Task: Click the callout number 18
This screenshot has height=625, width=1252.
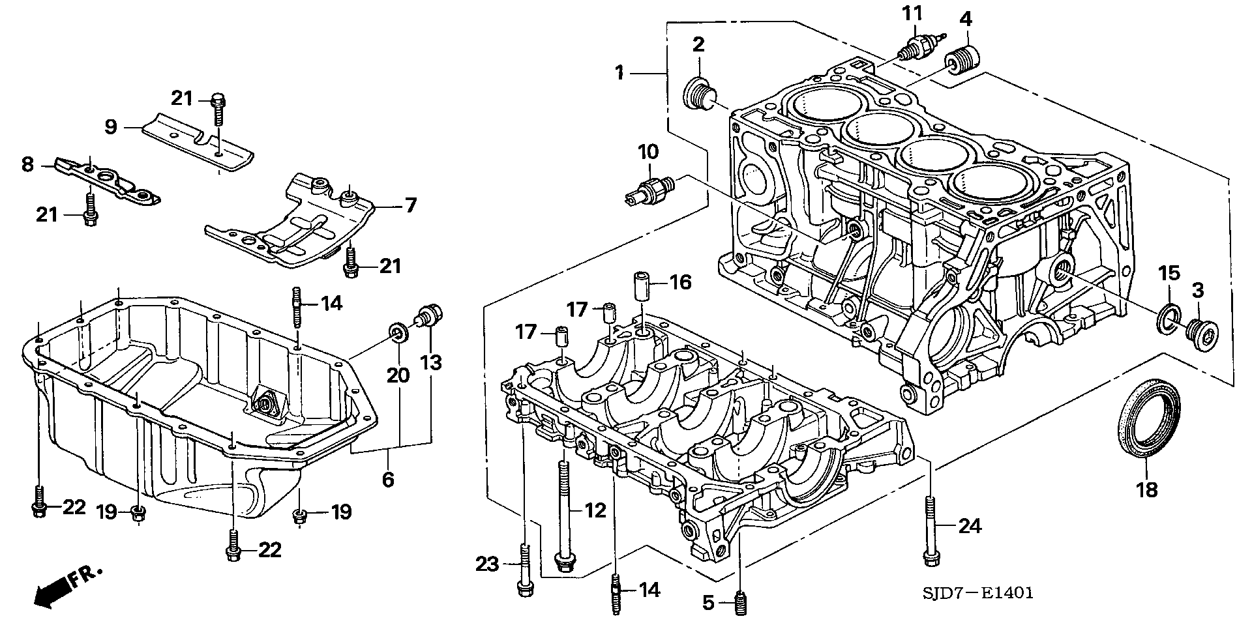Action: [x=1147, y=489]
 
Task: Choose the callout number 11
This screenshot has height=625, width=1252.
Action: [x=912, y=14]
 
